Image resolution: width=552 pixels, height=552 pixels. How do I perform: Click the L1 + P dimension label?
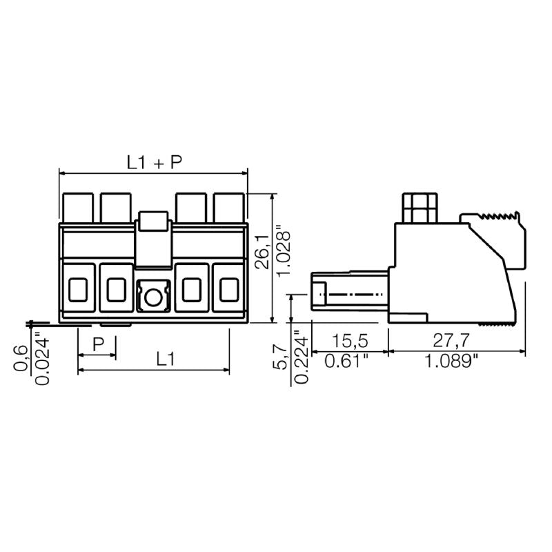tap(154, 162)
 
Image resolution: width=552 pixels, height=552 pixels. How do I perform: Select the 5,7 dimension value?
tap(280, 357)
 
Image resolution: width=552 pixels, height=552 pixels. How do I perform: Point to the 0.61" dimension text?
tap(351, 361)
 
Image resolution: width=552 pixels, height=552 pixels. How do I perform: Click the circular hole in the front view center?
tap(152, 297)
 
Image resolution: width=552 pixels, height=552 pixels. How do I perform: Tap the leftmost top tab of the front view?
tap(78, 206)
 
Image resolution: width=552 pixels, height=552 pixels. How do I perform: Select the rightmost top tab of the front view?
tap(228, 206)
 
